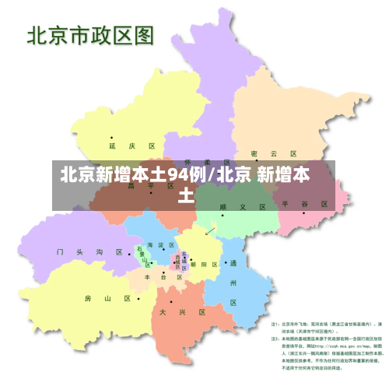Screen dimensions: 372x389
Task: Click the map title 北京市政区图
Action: (90, 36)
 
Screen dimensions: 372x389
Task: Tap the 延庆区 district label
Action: (133, 146)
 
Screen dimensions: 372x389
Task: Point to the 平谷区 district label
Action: (305, 203)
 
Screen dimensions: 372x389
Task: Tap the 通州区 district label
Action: (233, 282)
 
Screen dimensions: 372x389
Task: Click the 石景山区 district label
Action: (145, 256)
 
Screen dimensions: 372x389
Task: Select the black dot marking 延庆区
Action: (111, 137)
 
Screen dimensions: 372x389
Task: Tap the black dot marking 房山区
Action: (138, 297)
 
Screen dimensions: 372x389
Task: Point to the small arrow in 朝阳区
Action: (209, 230)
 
